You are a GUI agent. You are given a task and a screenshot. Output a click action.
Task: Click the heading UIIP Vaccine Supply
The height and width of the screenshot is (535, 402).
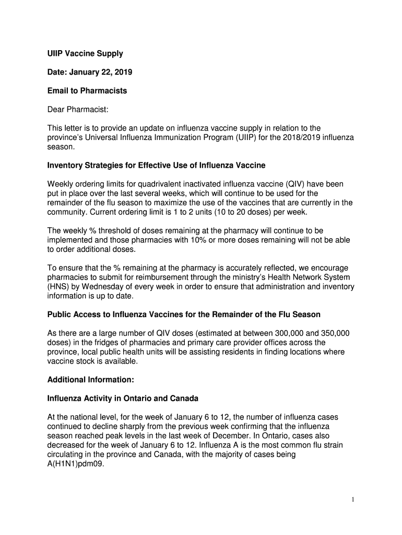click(x=85, y=53)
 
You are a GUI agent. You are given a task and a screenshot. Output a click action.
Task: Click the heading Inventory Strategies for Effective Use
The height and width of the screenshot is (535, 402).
click(x=156, y=166)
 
